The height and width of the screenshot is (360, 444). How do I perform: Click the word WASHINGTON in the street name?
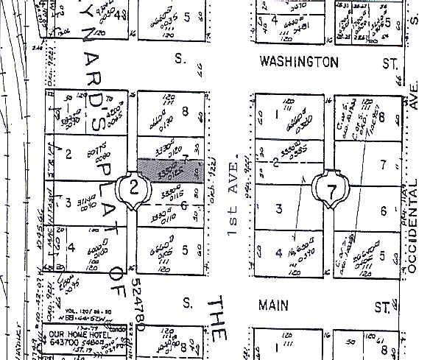[x=299, y=63]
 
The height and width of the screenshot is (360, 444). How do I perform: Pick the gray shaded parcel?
[x=170, y=170]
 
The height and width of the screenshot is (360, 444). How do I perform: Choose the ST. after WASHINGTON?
[x=390, y=63]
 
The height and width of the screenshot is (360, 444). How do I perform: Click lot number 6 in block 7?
[x=384, y=211]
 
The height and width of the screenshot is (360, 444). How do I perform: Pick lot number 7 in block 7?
[x=383, y=164]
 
